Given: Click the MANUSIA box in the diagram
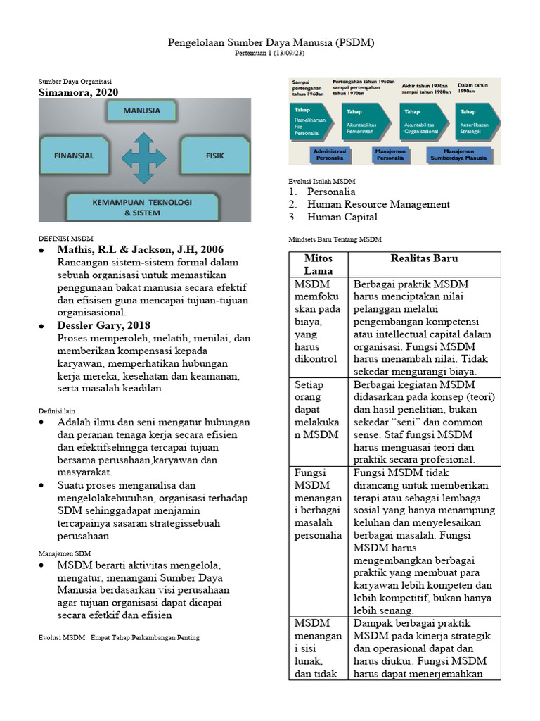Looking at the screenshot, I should (141, 111).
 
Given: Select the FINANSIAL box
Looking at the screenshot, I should (73, 155).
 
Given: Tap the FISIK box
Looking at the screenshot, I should (214, 155).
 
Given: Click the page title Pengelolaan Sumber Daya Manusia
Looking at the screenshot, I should (271, 43).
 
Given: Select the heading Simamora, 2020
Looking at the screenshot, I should (78, 92).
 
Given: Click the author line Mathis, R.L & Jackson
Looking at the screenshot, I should (141, 250).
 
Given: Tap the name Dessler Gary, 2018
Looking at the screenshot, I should (104, 325).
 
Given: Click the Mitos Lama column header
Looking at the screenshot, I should (318, 264).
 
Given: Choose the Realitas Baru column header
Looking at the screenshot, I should (424, 258).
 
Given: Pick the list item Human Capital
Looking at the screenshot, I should (342, 217).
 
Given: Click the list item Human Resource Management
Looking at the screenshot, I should (378, 204).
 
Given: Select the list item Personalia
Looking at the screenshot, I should (331, 192).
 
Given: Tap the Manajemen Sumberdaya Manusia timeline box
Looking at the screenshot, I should (459, 155).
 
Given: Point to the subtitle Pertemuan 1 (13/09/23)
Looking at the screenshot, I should (271, 54).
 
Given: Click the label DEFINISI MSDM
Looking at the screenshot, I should (65, 239).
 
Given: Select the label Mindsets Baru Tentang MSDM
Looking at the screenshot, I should (335, 239).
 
